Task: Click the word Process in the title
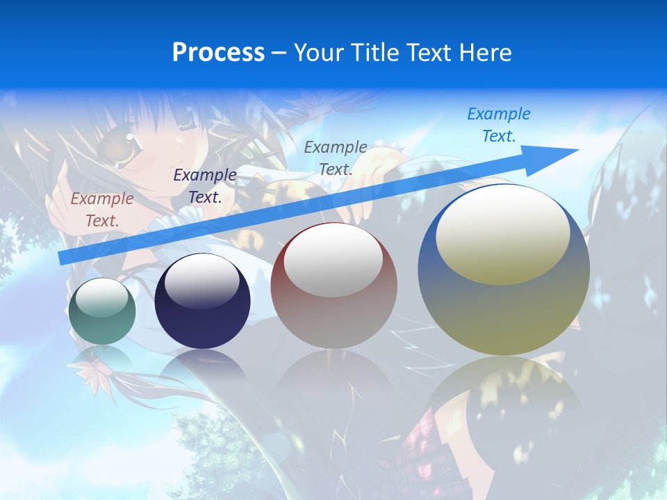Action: (x=218, y=53)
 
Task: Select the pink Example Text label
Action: (x=102, y=210)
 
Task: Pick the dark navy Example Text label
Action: (x=205, y=186)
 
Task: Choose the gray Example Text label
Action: (x=336, y=158)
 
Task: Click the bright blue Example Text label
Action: (x=499, y=125)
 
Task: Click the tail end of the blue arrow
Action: (x=64, y=258)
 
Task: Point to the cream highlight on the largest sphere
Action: (x=503, y=235)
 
